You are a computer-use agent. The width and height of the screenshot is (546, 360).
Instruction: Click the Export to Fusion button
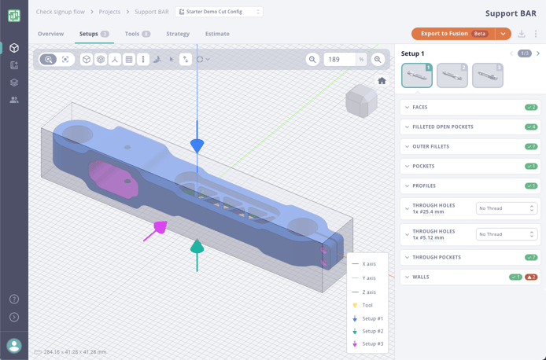click(453, 34)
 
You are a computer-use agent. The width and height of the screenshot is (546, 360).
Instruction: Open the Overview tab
click(51, 34)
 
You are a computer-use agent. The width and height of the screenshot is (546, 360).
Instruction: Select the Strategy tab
click(178, 34)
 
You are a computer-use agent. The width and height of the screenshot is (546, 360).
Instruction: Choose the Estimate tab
click(217, 34)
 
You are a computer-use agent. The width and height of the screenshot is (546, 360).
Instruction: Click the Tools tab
click(137, 34)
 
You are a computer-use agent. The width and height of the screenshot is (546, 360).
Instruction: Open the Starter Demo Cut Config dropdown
click(220, 12)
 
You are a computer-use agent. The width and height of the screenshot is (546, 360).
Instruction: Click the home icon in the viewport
click(382, 81)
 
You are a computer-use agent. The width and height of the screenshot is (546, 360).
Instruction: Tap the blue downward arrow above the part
click(197, 145)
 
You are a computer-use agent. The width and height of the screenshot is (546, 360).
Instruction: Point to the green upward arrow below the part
click(197, 248)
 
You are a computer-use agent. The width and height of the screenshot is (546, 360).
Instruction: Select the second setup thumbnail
click(452, 75)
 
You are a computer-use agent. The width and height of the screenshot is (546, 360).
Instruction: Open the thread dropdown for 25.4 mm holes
click(507, 208)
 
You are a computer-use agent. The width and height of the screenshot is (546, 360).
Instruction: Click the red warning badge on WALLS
click(531, 277)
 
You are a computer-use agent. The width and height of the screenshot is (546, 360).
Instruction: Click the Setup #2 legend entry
click(372, 332)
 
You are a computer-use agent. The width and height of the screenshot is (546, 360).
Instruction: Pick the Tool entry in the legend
click(367, 305)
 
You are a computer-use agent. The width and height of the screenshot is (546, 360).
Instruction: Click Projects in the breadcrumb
click(109, 12)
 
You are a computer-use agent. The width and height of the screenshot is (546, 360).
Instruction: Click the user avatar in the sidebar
click(14, 345)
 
